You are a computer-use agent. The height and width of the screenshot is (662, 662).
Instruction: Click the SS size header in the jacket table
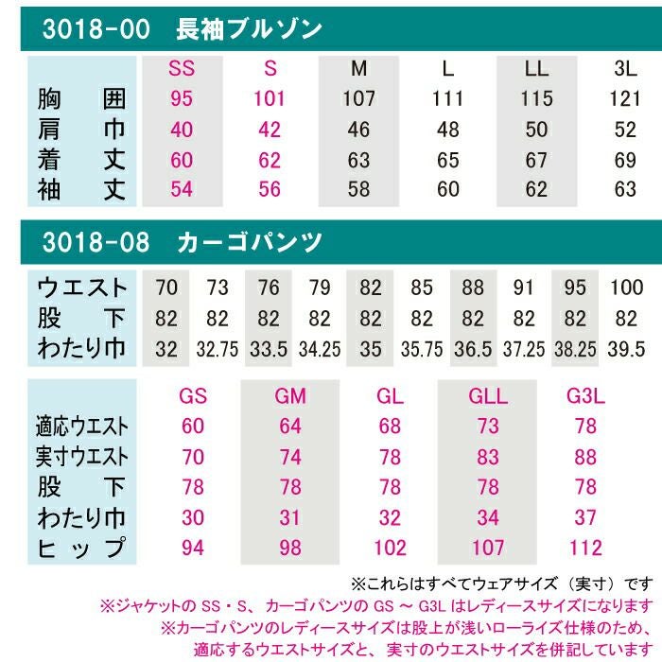(182, 68)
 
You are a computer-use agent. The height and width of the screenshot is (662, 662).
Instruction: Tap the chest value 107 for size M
(358, 98)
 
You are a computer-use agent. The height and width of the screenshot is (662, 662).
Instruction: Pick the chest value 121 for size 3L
(625, 98)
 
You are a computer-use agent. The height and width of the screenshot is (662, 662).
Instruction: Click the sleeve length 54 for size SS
(182, 189)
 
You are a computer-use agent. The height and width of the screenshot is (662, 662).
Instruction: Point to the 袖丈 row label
(81, 189)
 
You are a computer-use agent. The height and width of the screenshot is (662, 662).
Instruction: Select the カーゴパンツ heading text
(251, 242)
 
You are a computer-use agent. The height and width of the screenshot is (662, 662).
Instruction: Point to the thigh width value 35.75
(422, 349)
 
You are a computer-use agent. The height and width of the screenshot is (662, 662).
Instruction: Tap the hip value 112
(585, 549)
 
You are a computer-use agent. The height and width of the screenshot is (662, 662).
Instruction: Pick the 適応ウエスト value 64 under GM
(291, 427)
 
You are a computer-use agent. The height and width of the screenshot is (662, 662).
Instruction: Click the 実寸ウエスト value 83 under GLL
(488, 458)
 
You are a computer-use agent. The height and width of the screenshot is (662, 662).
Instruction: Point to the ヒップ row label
(81, 549)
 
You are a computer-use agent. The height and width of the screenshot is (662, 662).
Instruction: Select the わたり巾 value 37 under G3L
(585, 518)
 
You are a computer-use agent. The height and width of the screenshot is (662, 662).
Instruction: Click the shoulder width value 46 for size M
(358, 129)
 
